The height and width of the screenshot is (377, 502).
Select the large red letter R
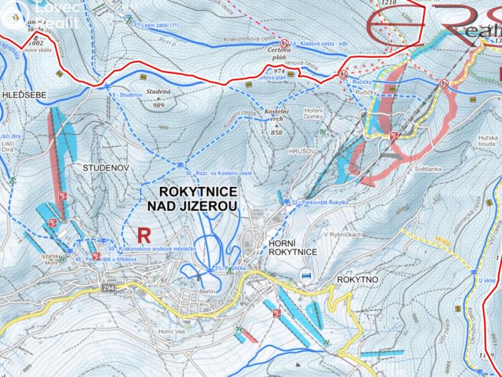tap(143, 235)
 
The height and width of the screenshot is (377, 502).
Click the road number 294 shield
tap(109, 287)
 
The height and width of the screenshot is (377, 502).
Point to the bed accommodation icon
tap(306, 275)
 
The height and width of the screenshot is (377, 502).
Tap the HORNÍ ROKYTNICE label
tap(292, 246)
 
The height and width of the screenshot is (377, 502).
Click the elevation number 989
tap(159, 105)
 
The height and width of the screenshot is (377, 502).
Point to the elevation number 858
tap(277, 133)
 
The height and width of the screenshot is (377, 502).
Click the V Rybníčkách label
tap(343, 235)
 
